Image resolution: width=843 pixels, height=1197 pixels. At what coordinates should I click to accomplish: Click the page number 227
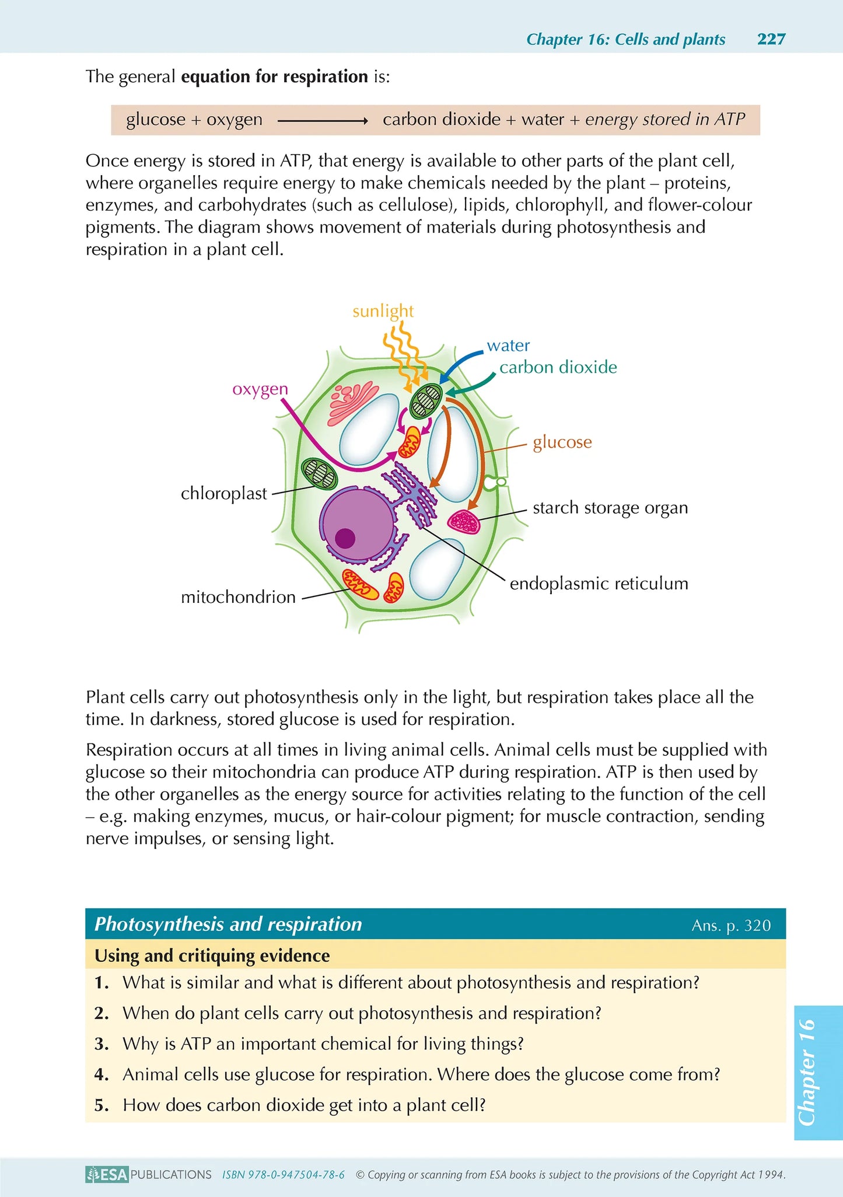pos(771,39)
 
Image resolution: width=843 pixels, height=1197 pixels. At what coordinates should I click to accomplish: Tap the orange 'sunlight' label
pos(383,311)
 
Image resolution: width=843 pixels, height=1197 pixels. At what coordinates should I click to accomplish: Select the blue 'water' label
pos(508,346)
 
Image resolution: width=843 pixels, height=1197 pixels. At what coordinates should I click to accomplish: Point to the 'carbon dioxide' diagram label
pos(558,367)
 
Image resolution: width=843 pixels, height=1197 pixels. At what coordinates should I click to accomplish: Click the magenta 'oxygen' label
pos(260,389)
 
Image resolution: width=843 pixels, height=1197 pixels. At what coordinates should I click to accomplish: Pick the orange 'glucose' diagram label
pos(562,442)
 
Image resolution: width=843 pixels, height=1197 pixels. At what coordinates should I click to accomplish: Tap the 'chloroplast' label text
pos(223,494)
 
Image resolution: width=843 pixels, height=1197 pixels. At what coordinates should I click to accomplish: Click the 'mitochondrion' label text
pos(238,598)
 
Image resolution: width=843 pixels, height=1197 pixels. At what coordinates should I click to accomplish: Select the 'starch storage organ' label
pos(610,508)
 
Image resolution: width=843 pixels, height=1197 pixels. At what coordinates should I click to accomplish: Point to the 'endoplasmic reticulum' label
pos(599,584)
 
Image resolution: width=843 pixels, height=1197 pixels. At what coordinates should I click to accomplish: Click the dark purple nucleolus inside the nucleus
pos(345,538)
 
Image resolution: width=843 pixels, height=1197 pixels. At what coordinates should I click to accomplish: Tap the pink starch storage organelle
pos(464,521)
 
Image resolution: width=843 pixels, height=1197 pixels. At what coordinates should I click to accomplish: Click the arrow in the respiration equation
pos(322,121)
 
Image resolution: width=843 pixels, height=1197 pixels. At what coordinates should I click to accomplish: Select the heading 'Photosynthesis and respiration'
pos(228,924)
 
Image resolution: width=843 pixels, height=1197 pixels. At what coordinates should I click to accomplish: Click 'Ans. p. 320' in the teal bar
pos(730,926)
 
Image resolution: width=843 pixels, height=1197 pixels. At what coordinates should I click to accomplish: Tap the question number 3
pos(102,1044)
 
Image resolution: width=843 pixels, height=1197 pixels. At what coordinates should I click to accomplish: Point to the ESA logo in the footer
pos(107,1174)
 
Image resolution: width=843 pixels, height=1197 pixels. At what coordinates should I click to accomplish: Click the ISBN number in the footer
pos(283,1175)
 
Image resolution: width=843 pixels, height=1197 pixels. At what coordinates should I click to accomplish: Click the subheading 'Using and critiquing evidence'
pos(212,955)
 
